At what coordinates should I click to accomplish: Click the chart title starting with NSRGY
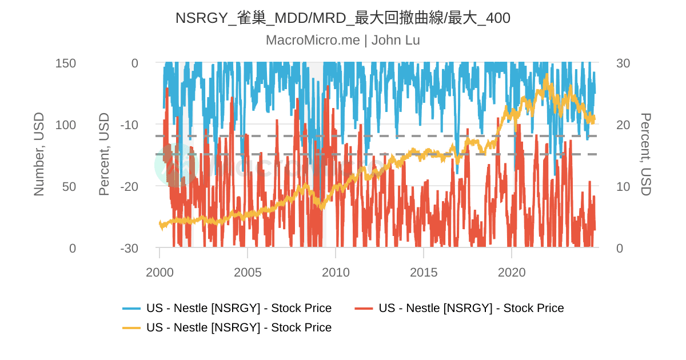coord(342,18)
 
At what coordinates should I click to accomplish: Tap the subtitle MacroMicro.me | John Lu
coord(342,41)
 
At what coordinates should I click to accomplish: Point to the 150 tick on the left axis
coord(66,63)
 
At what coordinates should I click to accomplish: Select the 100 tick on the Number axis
coord(66,125)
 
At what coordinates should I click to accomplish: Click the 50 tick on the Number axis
coord(69,187)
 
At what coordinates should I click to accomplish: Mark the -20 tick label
coord(129,187)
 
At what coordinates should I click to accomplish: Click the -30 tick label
coord(129,249)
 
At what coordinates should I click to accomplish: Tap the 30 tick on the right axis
coord(623,63)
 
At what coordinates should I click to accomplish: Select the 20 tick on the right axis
coord(623,125)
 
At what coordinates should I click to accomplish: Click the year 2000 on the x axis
coord(159,272)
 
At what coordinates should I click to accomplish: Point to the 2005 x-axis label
coord(248,272)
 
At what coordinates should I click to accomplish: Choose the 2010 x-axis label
coord(336,272)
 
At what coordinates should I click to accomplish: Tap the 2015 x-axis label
coord(424,272)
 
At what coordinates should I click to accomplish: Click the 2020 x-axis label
coord(512,272)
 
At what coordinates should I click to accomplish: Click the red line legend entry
coord(470,309)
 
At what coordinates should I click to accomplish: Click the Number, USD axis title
coord(39,154)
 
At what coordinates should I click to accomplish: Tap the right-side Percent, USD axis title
coord(645,154)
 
